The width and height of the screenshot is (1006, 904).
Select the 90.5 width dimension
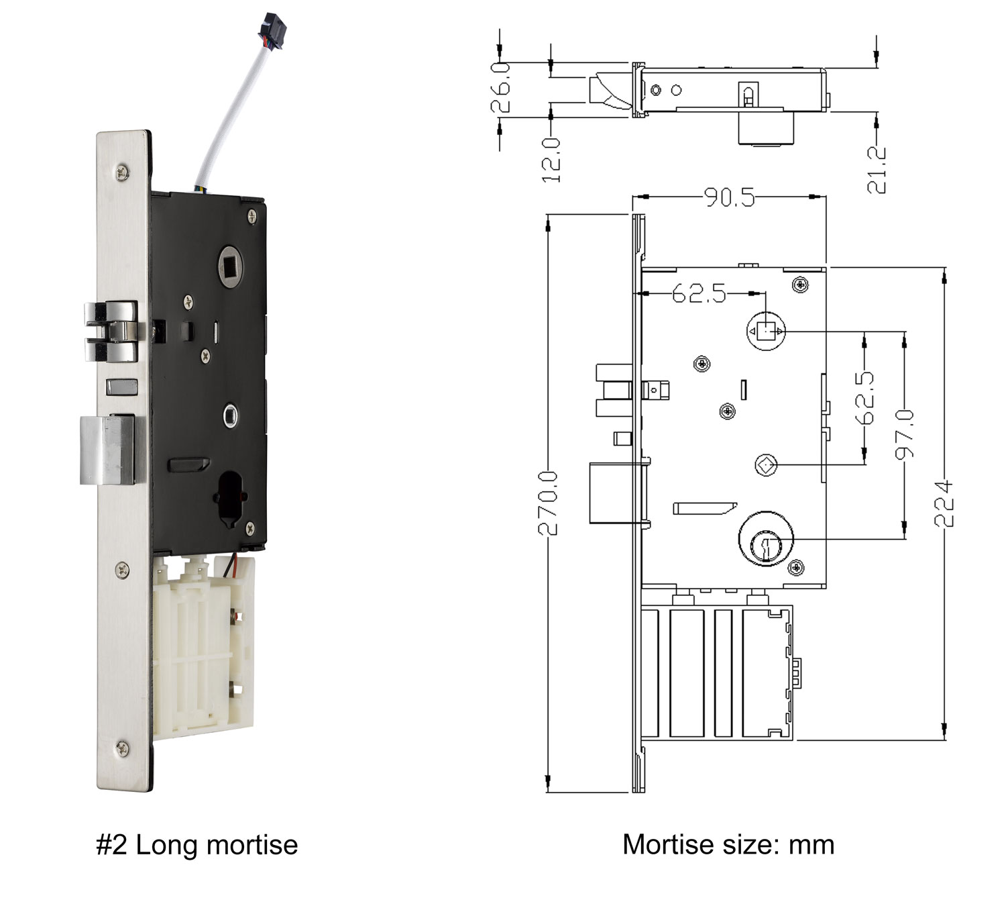[x=729, y=197]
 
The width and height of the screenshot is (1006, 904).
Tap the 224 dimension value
[x=944, y=502]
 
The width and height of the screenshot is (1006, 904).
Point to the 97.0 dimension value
[x=905, y=435]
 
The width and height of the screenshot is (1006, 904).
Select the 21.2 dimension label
[x=877, y=170]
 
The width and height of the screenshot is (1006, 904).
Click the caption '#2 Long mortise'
[x=197, y=844]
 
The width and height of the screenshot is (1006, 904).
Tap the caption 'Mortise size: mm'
[x=728, y=844]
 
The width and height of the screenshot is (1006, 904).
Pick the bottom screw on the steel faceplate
[x=121, y=746]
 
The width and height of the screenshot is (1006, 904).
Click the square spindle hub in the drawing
[x=765, y=331]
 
